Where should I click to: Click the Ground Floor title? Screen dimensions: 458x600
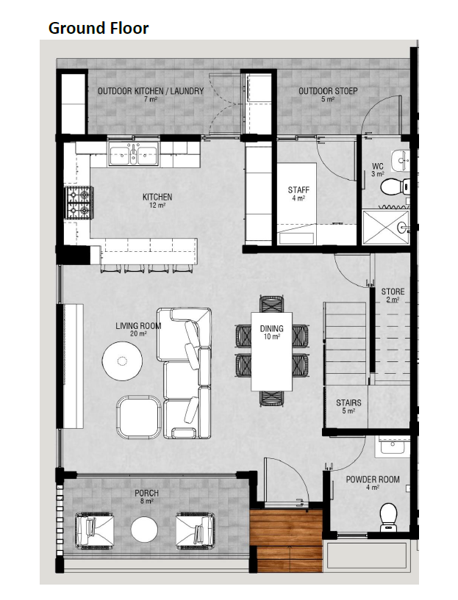click(99, 29)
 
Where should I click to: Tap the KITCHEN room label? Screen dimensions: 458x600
click(157, 197)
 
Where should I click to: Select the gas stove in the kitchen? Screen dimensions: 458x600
click(79, 203)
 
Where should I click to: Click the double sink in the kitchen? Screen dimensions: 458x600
click(133, 153)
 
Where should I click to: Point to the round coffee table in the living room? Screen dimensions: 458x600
click(123, 361)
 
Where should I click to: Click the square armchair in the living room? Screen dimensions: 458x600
click(139, 416)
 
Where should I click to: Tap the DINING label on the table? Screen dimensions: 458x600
click(271, 328)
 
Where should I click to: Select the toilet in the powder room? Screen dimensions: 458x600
click(389, 517)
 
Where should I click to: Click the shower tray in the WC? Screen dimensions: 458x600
click(386, 227)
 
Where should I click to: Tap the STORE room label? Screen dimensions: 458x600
click(393, 292)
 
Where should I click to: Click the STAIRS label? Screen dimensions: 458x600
click(348, 403)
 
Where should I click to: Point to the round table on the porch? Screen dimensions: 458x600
click(144, 530)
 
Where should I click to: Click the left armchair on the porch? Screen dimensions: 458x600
click(94, 531)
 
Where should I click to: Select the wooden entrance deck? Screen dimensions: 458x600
click(286, 540)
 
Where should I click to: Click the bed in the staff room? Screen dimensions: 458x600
click(297, 203)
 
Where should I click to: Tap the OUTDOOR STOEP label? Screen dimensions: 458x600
click(328, 91)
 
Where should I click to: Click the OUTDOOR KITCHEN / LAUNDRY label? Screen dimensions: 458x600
click(151, 91)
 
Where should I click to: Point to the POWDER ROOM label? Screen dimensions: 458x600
click(373, 480)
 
